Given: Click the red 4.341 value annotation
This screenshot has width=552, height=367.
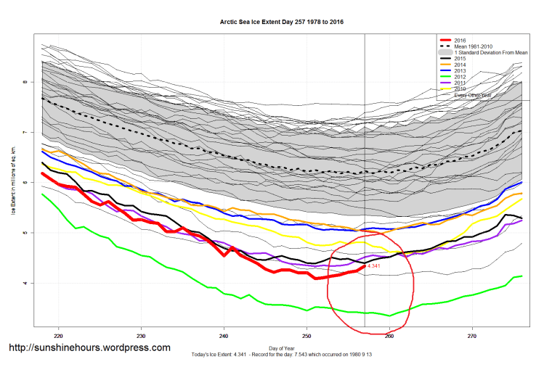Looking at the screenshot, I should (375, 267).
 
